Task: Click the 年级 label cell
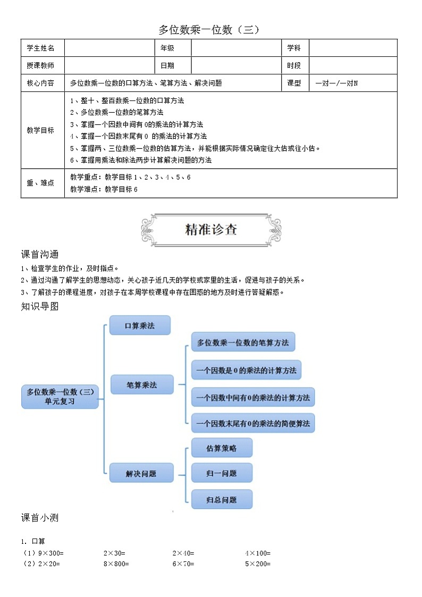(x=167, y=48)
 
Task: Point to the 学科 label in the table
(x=294, y=48)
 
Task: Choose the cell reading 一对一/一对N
(x=336, y=83)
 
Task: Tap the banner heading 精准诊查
(x=211, y=229)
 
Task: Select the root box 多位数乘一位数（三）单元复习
(x=60, y=397)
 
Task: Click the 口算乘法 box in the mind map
(x=140, y=325)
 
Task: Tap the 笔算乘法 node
(x=142, y=384)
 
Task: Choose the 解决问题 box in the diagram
(x=141, y=473)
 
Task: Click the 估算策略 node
(x=221, y=448)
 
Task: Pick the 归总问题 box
(x=221, y=499)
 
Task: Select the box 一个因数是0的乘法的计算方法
(x=246, y=369)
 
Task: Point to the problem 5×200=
(x=258, y=564)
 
